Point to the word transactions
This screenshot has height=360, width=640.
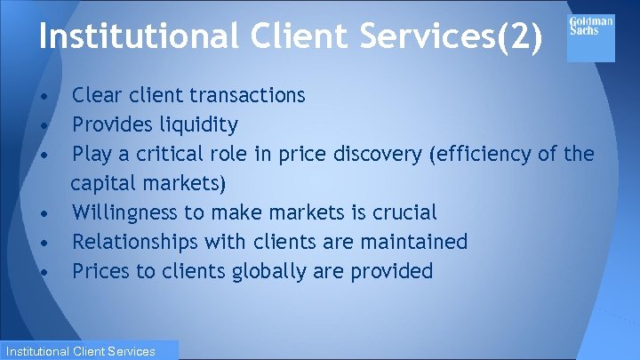click(x=247, y=95)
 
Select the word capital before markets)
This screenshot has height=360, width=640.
click(x=100, y=184)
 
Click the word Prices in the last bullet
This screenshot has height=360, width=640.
click(x=100, y=271)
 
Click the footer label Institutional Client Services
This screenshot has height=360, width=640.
click(x=78, y=351)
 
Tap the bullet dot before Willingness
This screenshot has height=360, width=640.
click(x=43, y=213)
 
